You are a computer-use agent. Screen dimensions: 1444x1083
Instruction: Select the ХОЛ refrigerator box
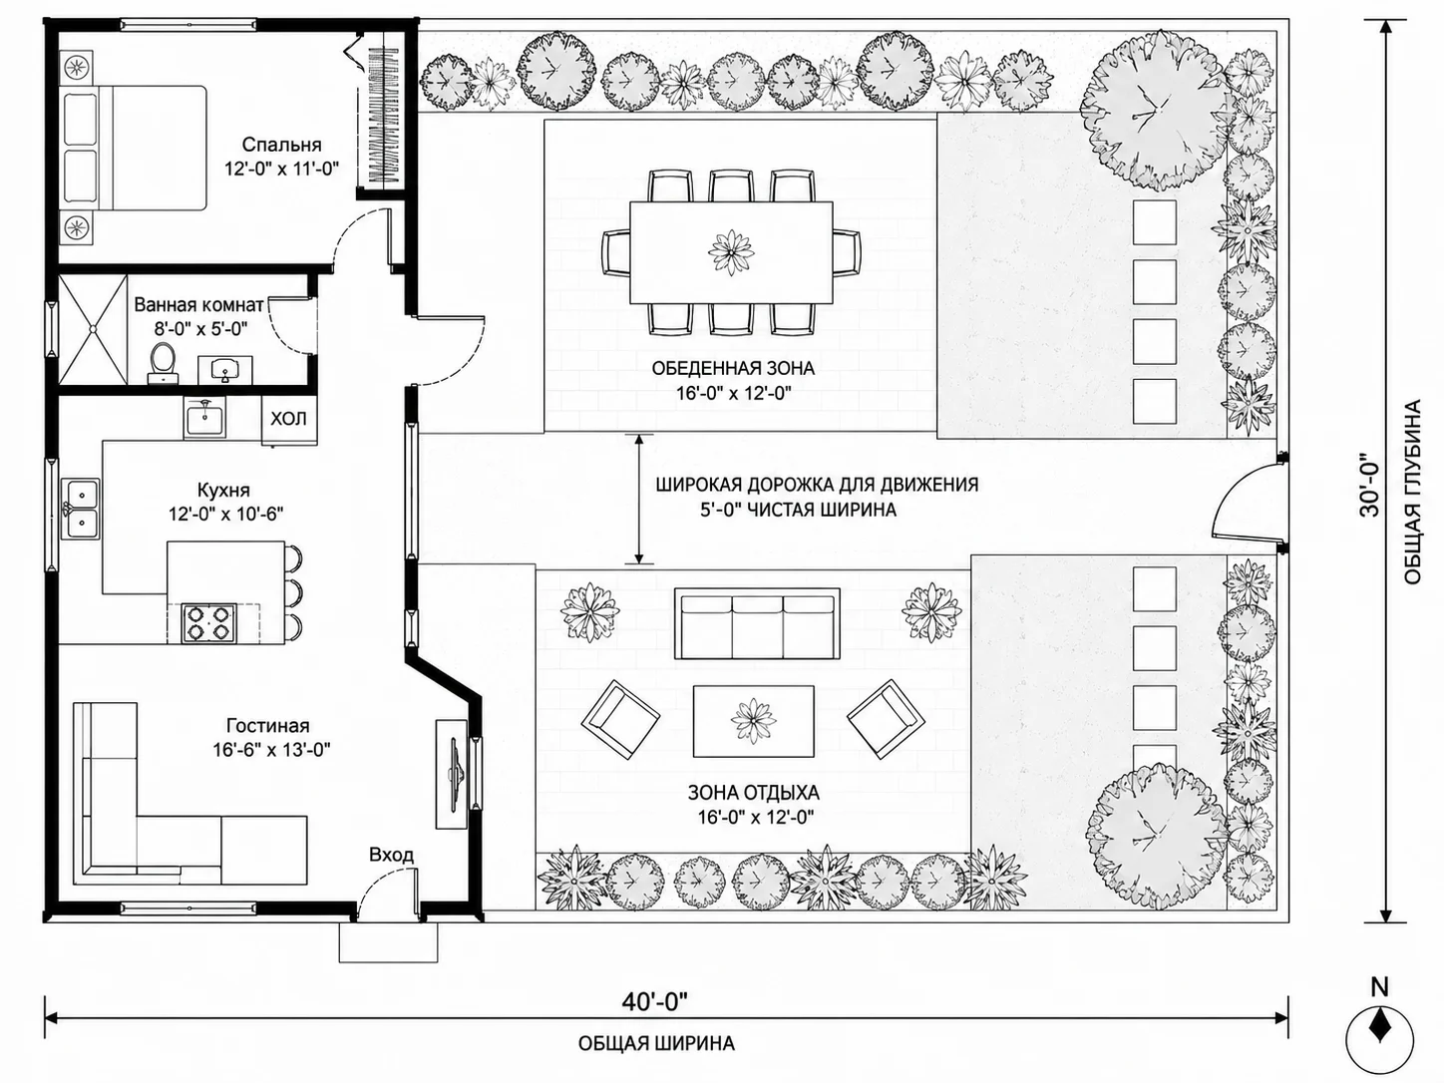point(289,419)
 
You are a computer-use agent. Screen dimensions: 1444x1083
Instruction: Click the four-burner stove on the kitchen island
point(208,622)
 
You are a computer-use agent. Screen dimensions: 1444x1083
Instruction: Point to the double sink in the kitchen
point(80,509)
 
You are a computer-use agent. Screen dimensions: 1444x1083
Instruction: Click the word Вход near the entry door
point(392,855)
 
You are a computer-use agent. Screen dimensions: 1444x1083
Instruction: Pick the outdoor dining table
point(731,252)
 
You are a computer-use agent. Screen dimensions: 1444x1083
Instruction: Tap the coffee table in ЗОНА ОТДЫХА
point(753,721)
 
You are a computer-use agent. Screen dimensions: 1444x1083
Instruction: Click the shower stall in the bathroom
point(92,329)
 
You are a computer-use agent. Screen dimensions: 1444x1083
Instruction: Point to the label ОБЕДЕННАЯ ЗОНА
point(733,368)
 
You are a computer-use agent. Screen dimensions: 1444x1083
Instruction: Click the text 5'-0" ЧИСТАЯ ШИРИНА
point(798,510)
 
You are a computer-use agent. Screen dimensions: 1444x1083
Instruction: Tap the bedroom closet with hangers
point(384,115)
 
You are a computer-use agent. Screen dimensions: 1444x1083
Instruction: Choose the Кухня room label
point(223,490)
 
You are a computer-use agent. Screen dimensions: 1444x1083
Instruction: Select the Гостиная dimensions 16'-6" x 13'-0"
point(271,750)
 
